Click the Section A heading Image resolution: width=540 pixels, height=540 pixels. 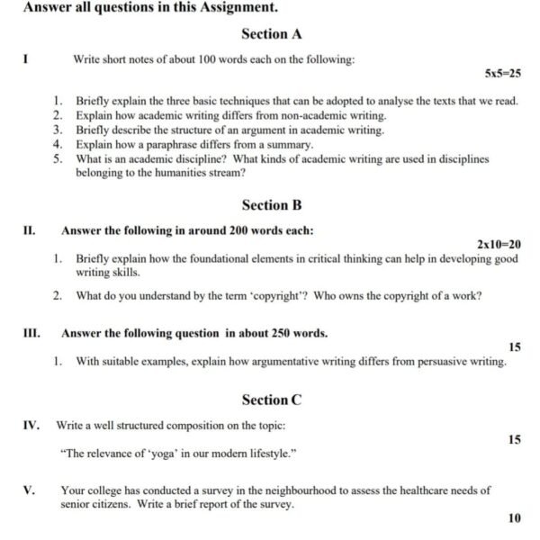click(x=271, y=34)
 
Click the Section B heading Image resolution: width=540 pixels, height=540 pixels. click(x=271, y=205)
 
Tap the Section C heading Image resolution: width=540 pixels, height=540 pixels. click(x=271, y=400)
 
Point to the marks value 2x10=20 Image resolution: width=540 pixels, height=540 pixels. click(x=499, y=244)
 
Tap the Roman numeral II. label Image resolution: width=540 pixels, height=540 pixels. click(x=29, y=230)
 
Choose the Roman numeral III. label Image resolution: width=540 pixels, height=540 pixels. click(x=31, y=333)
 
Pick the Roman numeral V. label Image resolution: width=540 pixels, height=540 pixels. click(x=29, y=490)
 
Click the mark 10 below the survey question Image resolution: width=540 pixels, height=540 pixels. click(x=514, y=518)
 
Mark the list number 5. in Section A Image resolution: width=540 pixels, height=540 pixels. click(x=58, y=158)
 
